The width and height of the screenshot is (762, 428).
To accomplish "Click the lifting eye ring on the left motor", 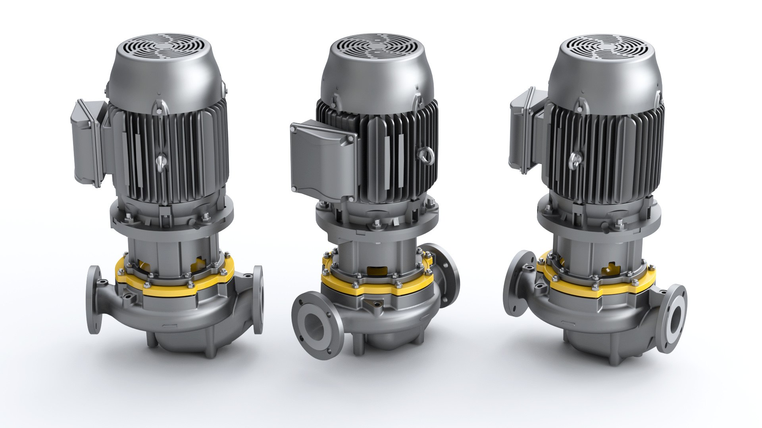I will point(160,160).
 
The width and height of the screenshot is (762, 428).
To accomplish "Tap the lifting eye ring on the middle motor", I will point(426,155).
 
